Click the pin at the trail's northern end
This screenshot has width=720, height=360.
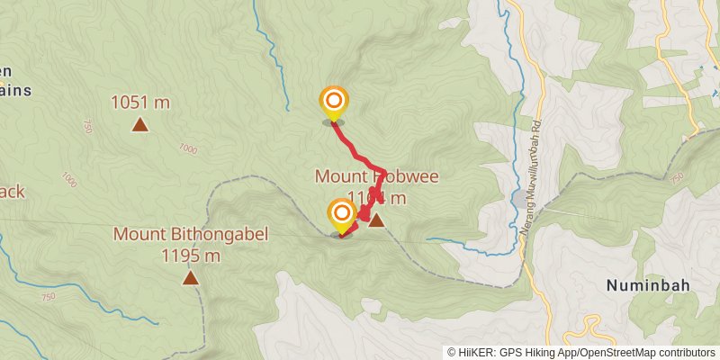pyautogui.click(x=334, y=102)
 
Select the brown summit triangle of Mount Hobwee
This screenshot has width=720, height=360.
pyautogui.click(x=376, y=220)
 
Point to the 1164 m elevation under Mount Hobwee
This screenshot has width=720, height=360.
pyautogui.click(x=375, y=198)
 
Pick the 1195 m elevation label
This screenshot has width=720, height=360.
pyautogui.click(x=191, y=256)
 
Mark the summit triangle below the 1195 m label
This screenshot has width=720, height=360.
pyautogui.click(x=191, y=277)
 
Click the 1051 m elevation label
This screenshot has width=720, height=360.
pyautogui.click(x=140, y=103)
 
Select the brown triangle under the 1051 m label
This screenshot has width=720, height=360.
pyautogui.click(x=140, y=124)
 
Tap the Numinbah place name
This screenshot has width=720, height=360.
pyautogui.click(x=648, y=286)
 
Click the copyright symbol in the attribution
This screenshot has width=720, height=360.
pyautogui.click(x=452, y=352)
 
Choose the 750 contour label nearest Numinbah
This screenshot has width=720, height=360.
pyautogui.click(x=677, y=176)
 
